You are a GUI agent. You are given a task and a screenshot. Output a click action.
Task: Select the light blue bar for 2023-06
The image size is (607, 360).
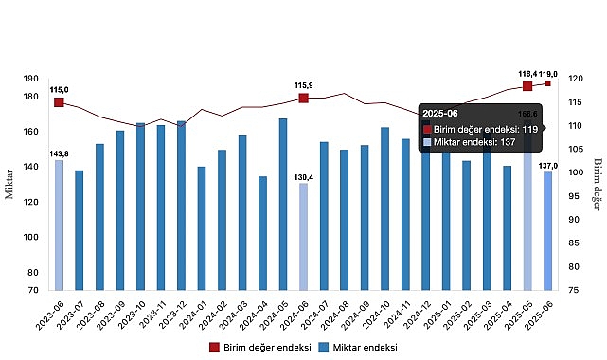pyautogui.click(x=59, y=225)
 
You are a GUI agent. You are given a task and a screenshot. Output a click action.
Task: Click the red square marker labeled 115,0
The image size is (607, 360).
pyautogui.click(x=59, y=102)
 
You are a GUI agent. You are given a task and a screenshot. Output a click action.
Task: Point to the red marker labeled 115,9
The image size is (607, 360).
pyautogui.click(x=303, y=99)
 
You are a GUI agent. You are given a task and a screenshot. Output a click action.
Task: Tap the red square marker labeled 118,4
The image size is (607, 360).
pyautogui.click(x=527, y=86)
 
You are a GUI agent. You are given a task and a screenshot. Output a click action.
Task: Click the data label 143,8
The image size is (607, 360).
pyautogui.click(x=59, y=153)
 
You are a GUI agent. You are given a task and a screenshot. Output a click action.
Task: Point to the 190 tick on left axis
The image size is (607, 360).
pyautogui.click(x=32, y=80)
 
